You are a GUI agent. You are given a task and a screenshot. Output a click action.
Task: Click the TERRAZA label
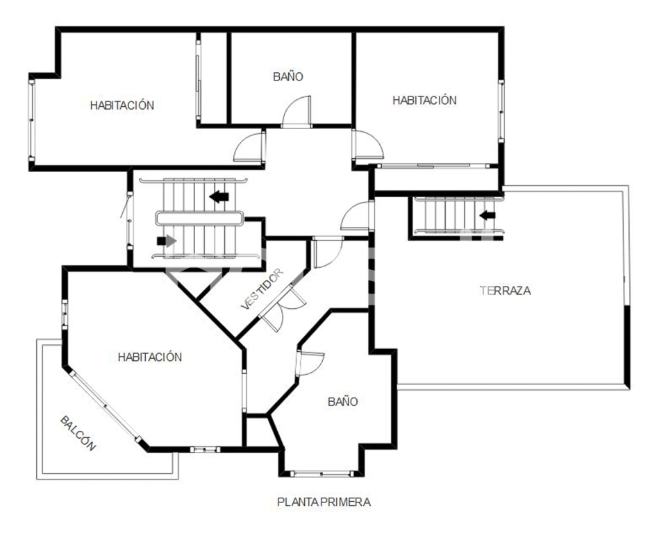[x=505, y=290]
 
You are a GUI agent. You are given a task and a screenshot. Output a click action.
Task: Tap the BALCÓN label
[x=78, y=433]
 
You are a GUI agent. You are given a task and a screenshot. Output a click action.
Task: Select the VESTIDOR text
[x=262, y=289]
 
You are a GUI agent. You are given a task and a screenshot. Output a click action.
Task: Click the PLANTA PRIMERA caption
[x=324, y=502]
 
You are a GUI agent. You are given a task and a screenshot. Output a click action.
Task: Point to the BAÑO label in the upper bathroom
[x=288, y=77]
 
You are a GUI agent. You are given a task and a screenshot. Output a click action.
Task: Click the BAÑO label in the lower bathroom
[x=342, y=402]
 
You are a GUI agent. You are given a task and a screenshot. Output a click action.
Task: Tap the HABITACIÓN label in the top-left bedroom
[x=122, y=105]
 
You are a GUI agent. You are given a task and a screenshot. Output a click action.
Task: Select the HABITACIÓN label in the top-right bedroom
[x=424, y=100]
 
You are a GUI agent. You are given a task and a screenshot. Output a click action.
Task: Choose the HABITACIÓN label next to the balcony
[x=149, y=357]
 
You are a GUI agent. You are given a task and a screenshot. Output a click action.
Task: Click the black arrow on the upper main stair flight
[x=219, y=196]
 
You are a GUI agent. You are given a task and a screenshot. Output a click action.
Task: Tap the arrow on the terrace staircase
[x=487, y=215]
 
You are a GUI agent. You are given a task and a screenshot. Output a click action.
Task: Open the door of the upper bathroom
[x=297, y=112]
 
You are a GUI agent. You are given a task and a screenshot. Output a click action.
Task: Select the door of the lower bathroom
[x=310, y=363]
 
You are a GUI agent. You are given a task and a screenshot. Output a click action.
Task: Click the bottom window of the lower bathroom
[x=322, y=474]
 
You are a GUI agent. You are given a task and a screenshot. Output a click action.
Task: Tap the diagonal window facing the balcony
[x=105, y=405]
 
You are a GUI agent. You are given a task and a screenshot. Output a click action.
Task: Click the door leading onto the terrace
[x=357, y=216]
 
